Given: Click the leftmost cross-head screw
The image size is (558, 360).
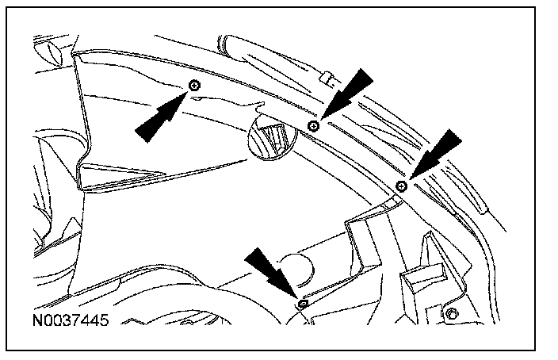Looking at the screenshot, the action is (x=195, y=85).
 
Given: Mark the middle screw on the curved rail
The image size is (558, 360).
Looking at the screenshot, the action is (x=314, y=125).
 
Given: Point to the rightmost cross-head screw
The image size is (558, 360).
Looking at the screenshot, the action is (x=402, y=186).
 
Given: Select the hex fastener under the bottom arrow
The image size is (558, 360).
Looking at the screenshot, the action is (x=302, y=304).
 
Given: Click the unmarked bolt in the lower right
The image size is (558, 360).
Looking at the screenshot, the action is (x=451, y=314).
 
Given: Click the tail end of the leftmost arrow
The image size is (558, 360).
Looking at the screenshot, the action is (x=143, y=133).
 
